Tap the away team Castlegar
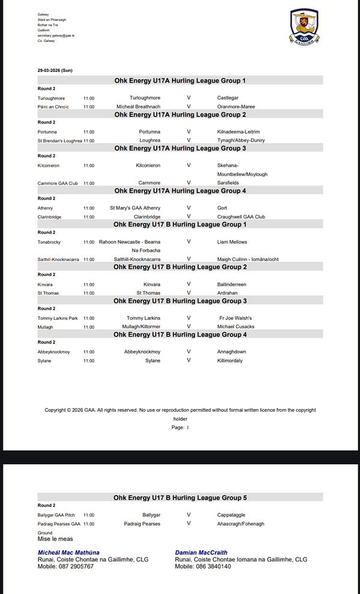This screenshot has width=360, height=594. point(227,98)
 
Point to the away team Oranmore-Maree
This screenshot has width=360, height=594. point(236,107)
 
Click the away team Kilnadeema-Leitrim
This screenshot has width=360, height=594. point(238,131)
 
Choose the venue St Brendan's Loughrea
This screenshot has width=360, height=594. point(59,140)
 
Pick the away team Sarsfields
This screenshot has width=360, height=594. point(228,183)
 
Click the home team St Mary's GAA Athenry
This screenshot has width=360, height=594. point(135,208)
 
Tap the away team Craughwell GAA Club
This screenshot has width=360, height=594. point(241,217)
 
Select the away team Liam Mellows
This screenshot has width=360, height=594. point(232,242)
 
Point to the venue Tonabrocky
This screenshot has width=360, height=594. point(50,242)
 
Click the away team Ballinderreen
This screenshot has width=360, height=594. point(232,284)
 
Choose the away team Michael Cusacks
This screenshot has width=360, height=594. point(236,327)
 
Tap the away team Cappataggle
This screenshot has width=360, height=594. point(231,515)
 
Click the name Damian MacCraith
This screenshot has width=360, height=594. point(201,553)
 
